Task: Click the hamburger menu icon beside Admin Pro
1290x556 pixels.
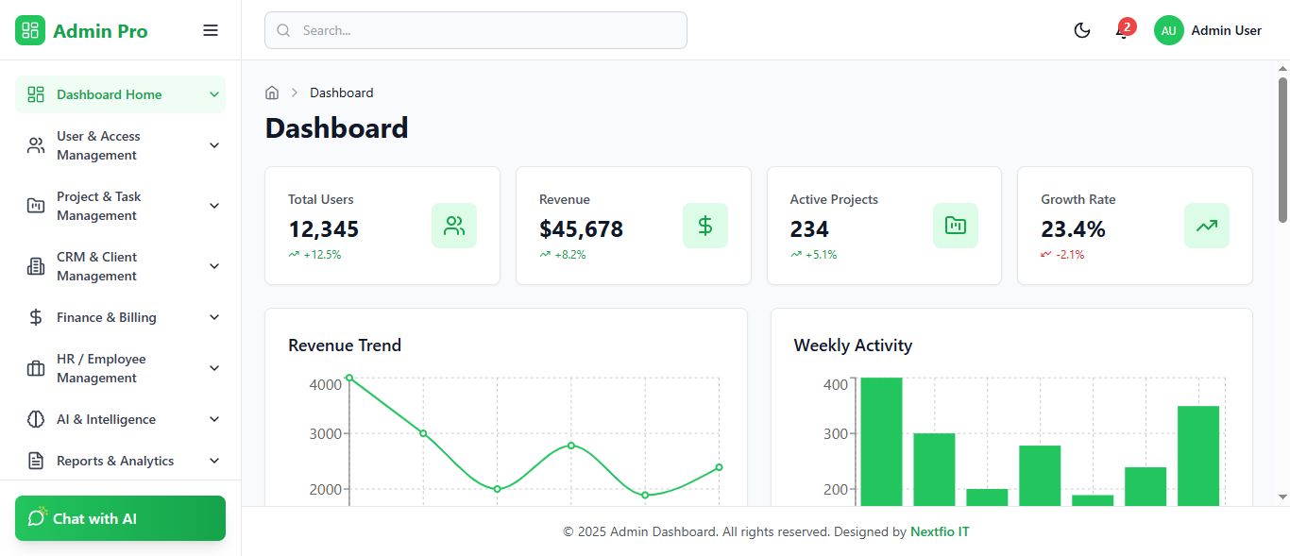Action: pos(211,30)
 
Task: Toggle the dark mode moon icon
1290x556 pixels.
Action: pos(1082,30)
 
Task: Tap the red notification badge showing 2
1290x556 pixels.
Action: pos(1127,26)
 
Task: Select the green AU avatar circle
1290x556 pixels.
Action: pos(1168,30)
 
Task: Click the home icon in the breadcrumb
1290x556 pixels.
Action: pos(272,93)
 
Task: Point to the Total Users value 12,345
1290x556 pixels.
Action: pos(324,229)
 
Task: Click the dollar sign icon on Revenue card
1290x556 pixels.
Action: pos(705,226)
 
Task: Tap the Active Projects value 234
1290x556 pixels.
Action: pos(809,229)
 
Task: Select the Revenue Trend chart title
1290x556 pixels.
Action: pos(345,345)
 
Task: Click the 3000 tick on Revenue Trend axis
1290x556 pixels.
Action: pos(326,434)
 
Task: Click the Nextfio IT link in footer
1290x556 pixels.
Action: pos(940,531)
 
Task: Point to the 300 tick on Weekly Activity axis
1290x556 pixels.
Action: pos(835,434)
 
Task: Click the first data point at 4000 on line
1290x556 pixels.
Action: pos(349,378)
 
